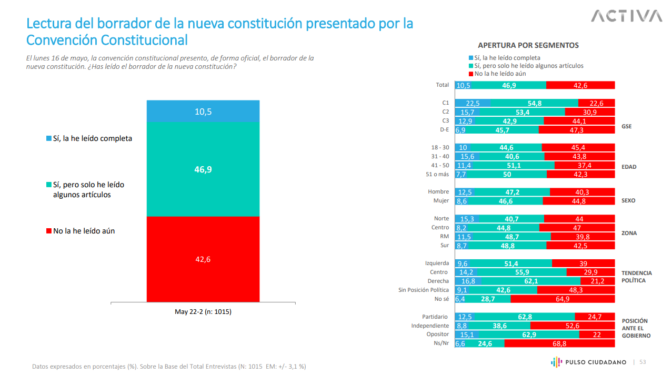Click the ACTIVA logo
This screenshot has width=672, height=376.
626,16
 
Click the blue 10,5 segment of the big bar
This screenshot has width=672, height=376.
203,111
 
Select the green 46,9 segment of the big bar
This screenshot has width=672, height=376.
203,169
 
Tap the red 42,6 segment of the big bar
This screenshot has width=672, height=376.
203,259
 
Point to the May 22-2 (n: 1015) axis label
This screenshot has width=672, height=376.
203,311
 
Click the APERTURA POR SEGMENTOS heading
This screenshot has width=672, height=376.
528,45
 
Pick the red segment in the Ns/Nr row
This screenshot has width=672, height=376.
559,343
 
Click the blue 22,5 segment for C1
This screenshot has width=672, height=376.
473,103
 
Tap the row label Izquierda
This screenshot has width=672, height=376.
437,263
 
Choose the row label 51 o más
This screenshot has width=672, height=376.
438,174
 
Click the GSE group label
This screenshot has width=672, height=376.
626,126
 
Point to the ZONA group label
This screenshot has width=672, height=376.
629,233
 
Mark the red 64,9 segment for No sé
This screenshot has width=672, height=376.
563,299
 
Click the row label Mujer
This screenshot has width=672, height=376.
441,201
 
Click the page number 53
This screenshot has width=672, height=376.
643,362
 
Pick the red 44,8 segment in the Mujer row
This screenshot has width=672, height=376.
578,201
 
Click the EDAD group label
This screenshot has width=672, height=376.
629,167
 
